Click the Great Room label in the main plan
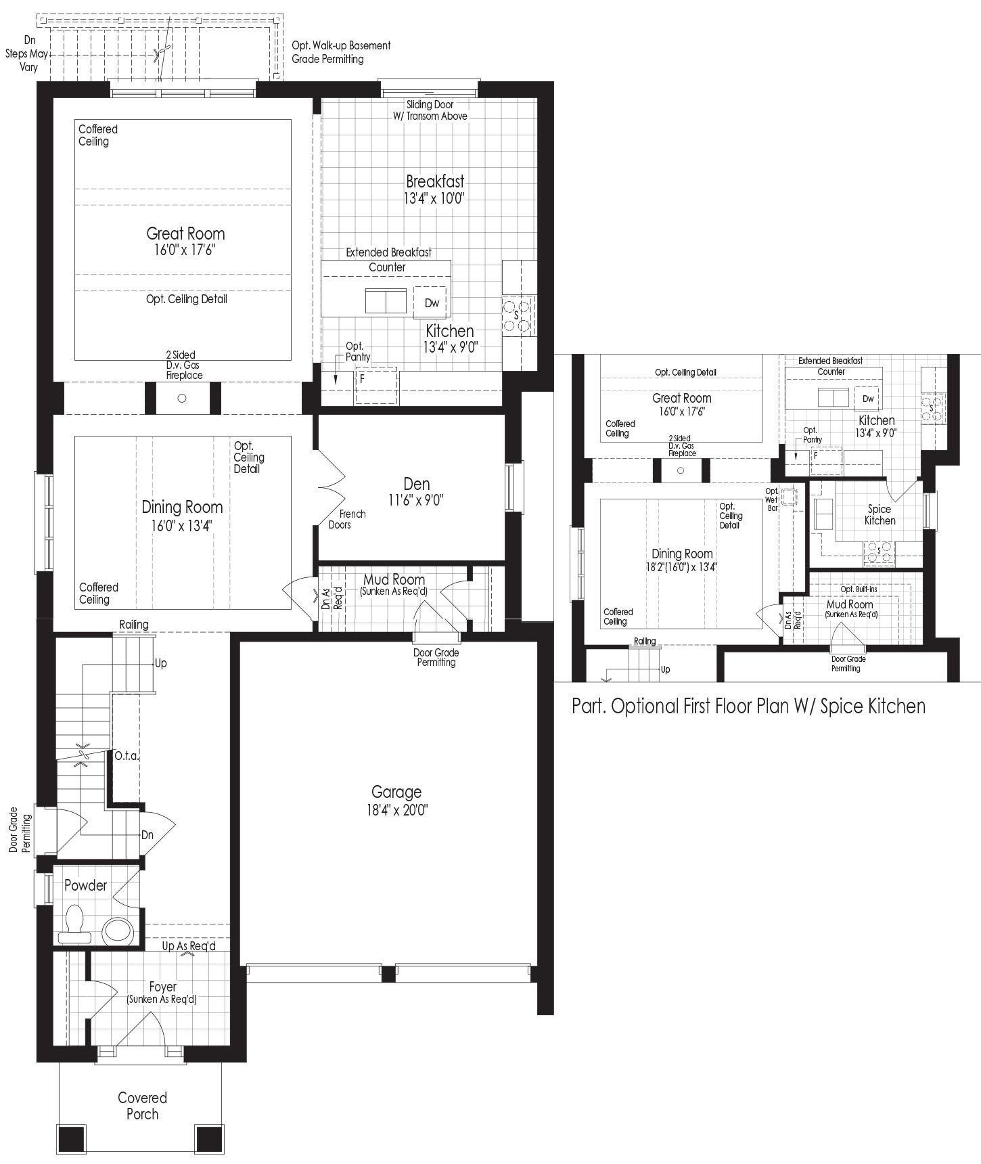click(185, 233)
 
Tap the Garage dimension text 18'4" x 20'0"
click(396, 810)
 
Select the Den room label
click(417, 484)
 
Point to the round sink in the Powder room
click(118, 931)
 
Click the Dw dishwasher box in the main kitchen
click(432, 303)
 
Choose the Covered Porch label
click(142, 1106)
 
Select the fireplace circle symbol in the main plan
click(181, 398)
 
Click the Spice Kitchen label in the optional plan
click(880, 515)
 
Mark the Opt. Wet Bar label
click(772, 499)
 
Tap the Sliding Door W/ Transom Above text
click(430, 110)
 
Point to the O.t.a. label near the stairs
click(127, 755)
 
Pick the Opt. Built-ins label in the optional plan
click(859, 589)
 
